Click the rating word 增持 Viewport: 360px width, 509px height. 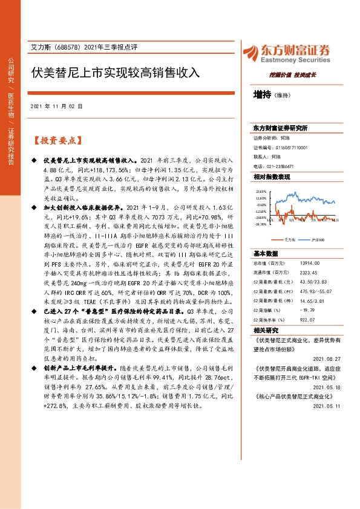coord(261,95)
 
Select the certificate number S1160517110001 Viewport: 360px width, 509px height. coord(291,147)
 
